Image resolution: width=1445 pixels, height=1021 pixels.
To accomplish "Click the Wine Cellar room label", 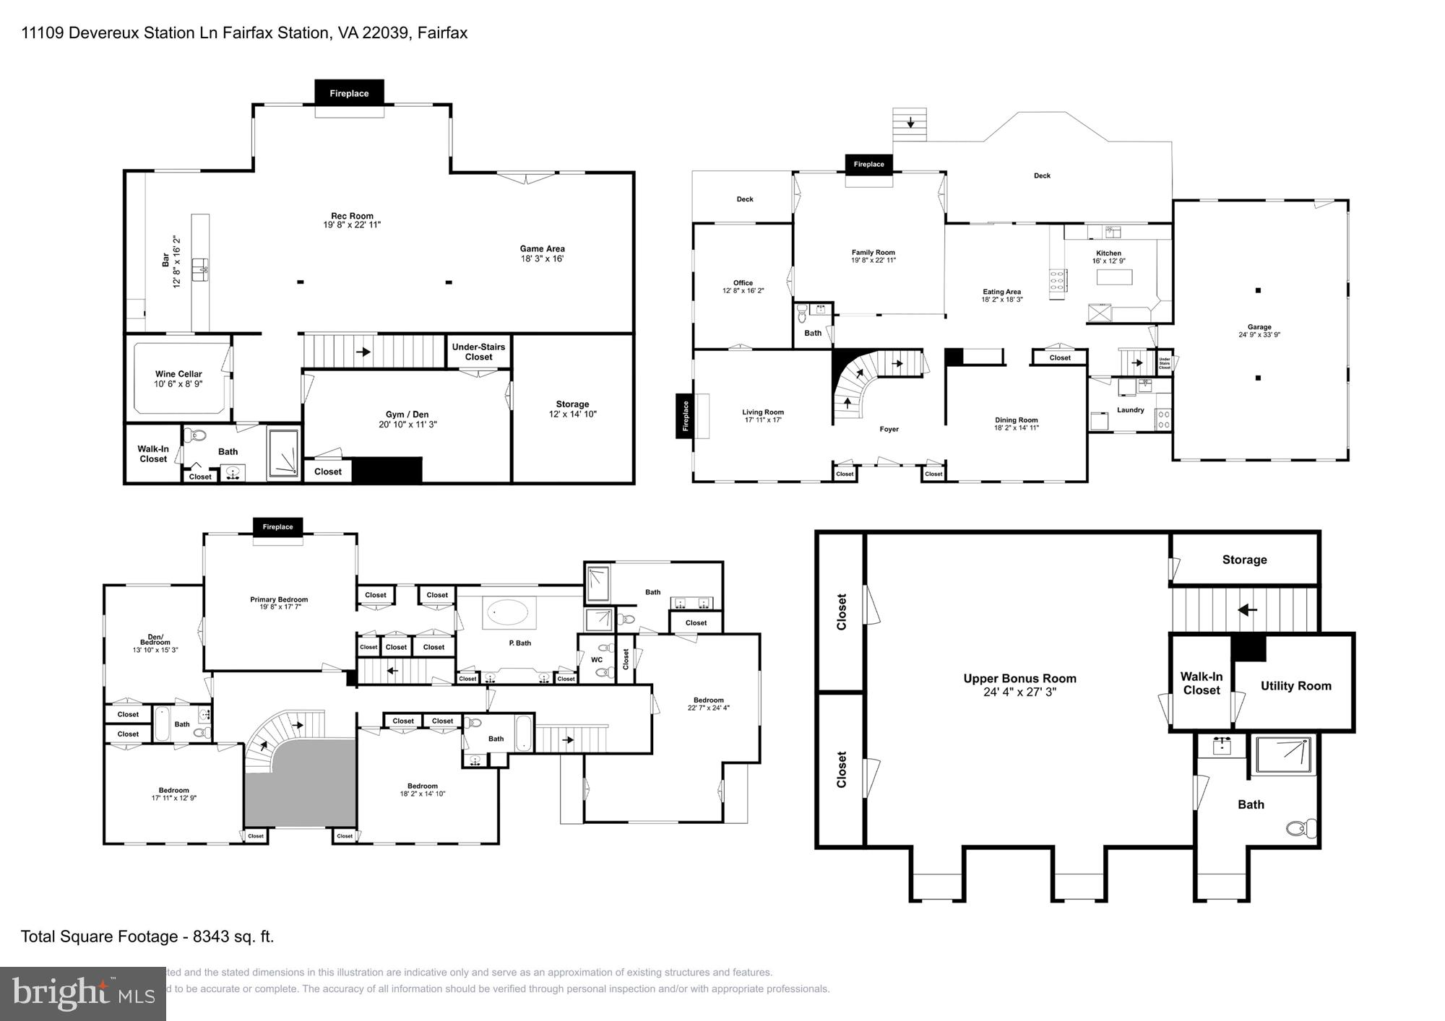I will (178, 374).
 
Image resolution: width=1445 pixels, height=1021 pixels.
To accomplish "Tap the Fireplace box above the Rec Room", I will (349, 93).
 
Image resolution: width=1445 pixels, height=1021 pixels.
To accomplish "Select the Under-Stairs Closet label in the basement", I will (478, 352).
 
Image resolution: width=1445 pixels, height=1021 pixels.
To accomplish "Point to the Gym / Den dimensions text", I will (407, 425).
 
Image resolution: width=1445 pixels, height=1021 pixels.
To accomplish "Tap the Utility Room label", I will (1295, 686).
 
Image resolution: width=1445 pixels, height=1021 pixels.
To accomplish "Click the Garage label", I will (1259, 327).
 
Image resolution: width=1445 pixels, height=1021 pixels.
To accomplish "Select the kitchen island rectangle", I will (1114, 277).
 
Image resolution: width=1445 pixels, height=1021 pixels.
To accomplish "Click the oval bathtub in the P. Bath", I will (511, 612).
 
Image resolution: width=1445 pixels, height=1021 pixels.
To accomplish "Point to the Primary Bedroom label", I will (279, 599).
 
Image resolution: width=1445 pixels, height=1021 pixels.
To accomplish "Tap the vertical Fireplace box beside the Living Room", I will (685, 416).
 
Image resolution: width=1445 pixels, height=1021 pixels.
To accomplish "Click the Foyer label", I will (889, 429).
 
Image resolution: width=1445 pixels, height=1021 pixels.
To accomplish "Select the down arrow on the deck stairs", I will (910, 122).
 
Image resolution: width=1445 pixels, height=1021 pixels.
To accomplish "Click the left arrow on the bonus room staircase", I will (1247, 610).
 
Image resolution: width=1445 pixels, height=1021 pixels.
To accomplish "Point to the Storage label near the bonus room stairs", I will (1244, 560).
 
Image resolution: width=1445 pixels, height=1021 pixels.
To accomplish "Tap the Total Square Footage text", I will (147, 937).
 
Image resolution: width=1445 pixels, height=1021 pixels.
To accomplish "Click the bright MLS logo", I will (82, 994).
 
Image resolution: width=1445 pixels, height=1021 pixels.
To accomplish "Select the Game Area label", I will (542, 248).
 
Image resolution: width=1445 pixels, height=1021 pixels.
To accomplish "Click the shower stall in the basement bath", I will (283, 453).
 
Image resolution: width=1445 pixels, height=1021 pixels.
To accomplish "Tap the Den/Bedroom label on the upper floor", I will (155, 640).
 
